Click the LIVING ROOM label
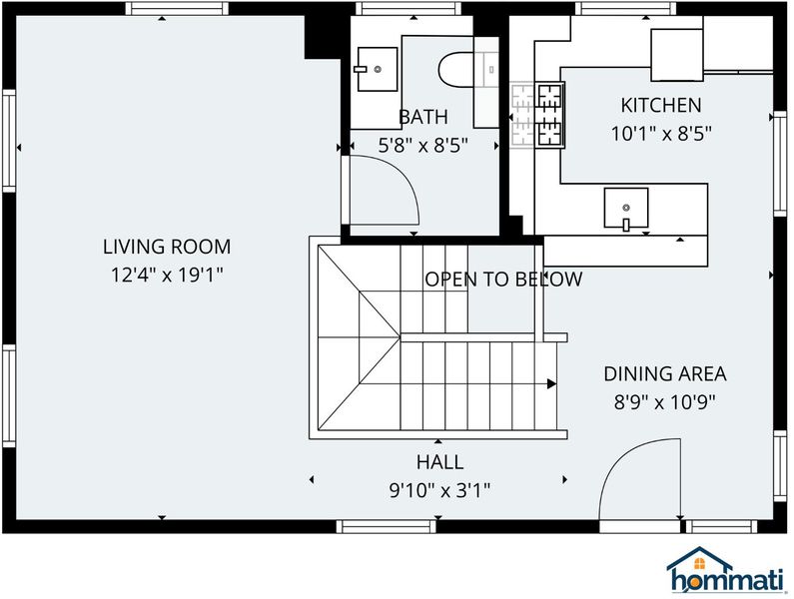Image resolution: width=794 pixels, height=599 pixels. [x=167, y=247]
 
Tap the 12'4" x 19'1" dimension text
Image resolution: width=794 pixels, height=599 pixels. [x=167, y=275]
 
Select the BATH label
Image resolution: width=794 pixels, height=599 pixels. [x=423, y=117]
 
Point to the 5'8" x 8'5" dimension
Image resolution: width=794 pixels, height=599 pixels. [x=423, y=146]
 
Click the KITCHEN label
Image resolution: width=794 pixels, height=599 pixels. [x=661, y=105]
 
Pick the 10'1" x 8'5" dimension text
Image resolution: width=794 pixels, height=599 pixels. [x=661, y=134]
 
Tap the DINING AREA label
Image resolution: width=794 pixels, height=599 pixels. [x=665, y=374]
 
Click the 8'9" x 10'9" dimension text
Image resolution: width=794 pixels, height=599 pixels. [x=665, y=403]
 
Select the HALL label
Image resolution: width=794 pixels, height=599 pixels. [x=439, y=462]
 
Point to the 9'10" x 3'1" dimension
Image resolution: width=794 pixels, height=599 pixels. [x=439, y=490]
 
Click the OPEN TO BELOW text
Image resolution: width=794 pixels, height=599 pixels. [x=503, y=280]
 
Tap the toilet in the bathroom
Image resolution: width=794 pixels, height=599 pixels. [x=456, y=69]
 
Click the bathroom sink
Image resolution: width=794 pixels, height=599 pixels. [x=377, y=69]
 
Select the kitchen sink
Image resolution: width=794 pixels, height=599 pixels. [x=626, y=208]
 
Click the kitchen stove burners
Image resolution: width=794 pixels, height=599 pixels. [x=550, y=115]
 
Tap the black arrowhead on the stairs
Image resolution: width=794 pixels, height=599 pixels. [x=551, y=384]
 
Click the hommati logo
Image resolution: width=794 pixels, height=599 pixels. [x=725, y=570]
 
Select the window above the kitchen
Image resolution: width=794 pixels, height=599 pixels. [x=625, y=9]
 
